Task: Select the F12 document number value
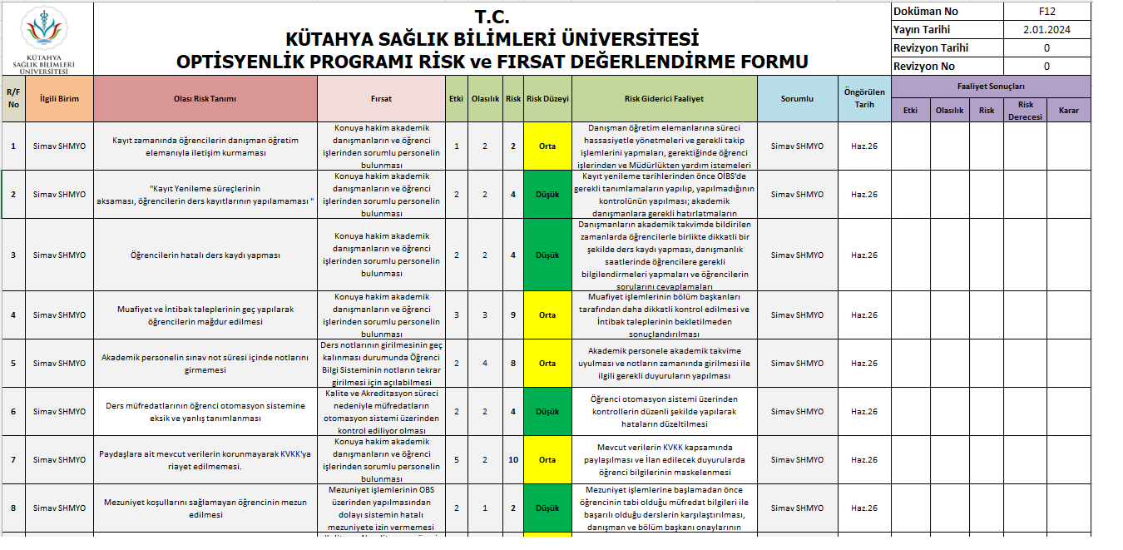point(1046,12)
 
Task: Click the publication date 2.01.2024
point(1046,30)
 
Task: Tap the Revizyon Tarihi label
point(930,48)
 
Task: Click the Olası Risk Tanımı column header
point(205,98)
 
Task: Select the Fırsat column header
point(381,98)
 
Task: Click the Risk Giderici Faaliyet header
point(664,98)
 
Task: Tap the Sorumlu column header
point(797,98)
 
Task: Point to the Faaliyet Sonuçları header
point(990,86)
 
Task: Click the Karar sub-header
point(1068,110)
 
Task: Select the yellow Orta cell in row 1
point(547,146)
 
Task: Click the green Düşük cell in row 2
point(547,195)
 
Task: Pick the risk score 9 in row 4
point(513,315)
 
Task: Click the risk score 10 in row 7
point(513,460)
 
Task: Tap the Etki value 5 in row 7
point(457,460)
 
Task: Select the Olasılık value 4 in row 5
point(485,364)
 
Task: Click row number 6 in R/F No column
point(13,412)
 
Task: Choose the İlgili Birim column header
point(59,98)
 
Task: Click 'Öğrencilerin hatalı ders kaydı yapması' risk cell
point(205,255)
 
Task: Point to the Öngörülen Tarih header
point(863,98)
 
